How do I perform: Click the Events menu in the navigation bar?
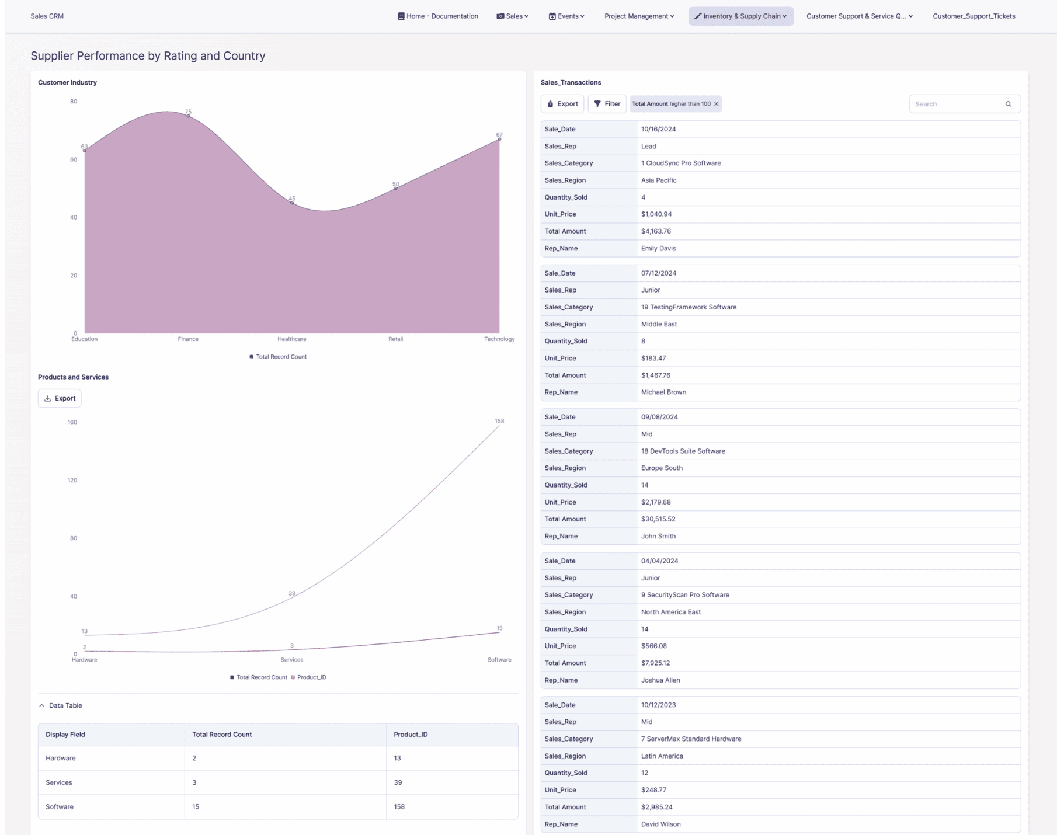pyautogui.click(x=566, y=16)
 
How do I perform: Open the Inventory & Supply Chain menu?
pyautogui.click(x=740, y=16)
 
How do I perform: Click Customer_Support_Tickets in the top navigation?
pyautogui.click(x=973, y=16)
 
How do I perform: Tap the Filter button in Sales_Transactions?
pyautogui.click(x=607, y=104)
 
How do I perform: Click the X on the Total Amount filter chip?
pyautogui.click(x=717, y=104)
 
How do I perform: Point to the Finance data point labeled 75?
pyautogui.click(x=188, y=116)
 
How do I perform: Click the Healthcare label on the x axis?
pyautogui.click(x=291, y=339)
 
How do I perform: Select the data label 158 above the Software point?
pyautogui.click(x=499, y=421)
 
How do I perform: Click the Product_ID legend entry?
pyautogui.click(x=311, y=677)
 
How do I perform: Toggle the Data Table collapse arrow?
pyautogui.click(x=41, y=705)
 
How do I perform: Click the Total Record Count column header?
pyautogui.click(x=222, y=735)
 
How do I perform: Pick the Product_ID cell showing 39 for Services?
pyautogui.click(x=398, y=782)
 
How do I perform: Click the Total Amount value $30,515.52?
pyautogui.click(x=658, y=519)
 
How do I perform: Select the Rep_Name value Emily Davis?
pyautogui.click(x=658, y=248)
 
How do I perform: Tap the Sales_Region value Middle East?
pyautogui.click(x=659, y=324)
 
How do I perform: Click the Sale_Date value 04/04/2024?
pyautogui.click(x=659, y=561)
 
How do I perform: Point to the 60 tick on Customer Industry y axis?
pyautogui.click(x=74, y=159)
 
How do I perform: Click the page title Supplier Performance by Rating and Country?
pyautogui.click(x=148, y=56)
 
